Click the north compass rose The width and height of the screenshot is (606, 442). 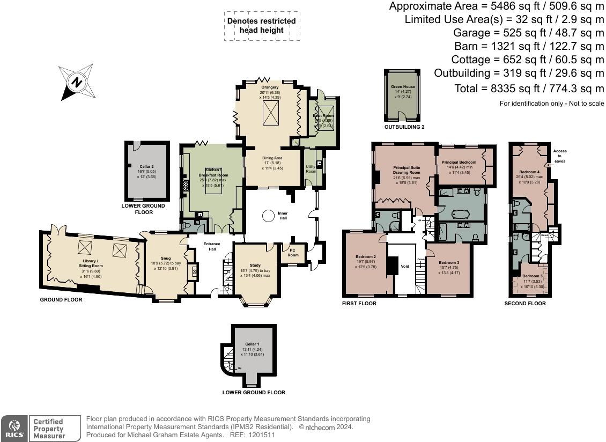click(76, 82)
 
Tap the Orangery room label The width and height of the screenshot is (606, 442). click(270, 87)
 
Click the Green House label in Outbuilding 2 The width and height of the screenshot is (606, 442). click(403, 86)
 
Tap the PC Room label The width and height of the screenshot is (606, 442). click(293, 252)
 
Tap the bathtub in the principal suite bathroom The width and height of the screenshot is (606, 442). click(461, 213)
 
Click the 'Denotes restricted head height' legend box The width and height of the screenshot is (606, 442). click(261, 26)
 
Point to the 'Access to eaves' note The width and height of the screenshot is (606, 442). click(559, 156)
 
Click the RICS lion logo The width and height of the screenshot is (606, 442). click(13, 428)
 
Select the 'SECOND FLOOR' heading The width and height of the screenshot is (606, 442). click(525, 304)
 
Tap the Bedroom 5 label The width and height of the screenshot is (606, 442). click(533, 276)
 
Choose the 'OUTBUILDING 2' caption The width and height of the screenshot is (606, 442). click(404, 127)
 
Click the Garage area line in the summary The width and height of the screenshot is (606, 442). click(529, 32)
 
